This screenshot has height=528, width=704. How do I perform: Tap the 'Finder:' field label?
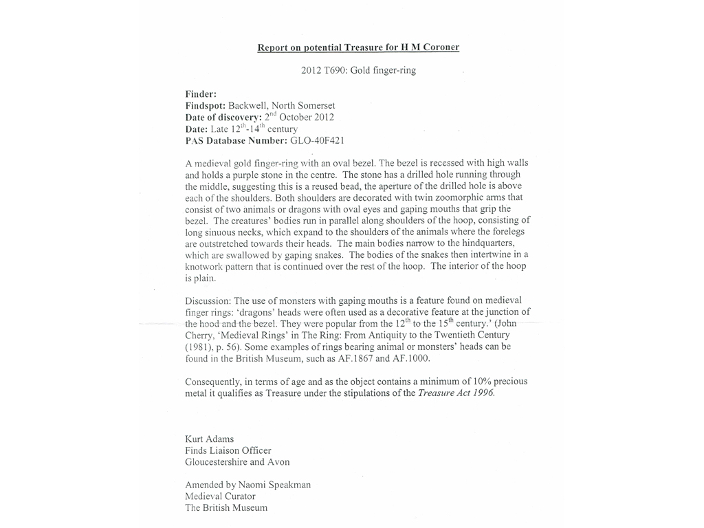click(x=201, y=94)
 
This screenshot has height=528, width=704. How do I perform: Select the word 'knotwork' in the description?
click(x=207, y=267)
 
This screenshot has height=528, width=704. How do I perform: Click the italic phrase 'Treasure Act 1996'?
click(x=456, y=393)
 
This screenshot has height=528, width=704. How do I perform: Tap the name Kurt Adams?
click(x=210, y=439)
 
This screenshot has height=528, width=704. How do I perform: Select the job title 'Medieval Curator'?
click(x=220, y=496)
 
